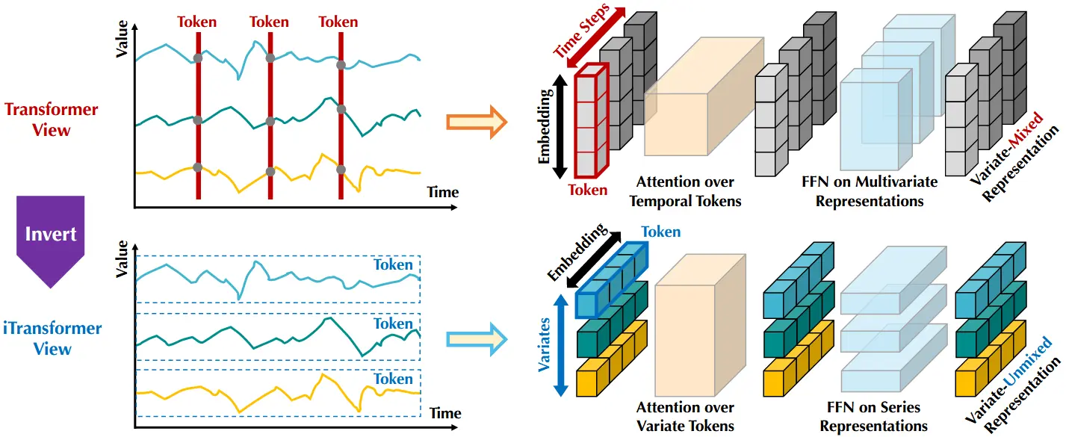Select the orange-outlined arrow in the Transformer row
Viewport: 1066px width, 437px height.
[x=477, y=123]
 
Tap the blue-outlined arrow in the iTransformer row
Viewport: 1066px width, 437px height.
[x=477, y=339]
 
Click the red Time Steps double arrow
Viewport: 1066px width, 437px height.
[x=589, y=37]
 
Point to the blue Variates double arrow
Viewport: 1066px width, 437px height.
[x=561, y=346]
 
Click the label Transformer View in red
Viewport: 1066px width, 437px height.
[x=52, y=120]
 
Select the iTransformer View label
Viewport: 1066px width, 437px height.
[x=52, y=338]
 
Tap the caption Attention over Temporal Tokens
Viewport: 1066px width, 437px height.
[x=685, y=191]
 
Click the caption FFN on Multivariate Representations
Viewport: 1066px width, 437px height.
[x=870, y=191]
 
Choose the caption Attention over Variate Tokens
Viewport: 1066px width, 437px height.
[x=685, y=417]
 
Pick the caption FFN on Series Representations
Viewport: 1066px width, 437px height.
[x=874, y=417]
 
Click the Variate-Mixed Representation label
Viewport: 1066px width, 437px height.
[x=1014, y=157]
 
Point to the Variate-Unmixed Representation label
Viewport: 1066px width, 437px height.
[x=1013, y=385]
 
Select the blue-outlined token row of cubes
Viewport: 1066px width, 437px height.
[x=612, y=280]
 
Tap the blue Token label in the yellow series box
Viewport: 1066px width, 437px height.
[x=393, y=379]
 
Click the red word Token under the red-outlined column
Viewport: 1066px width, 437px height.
[x=588, y=190]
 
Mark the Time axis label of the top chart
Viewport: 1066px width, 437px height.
[x=442, y=192]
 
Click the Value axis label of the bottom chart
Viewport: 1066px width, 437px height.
[x=123, y=258]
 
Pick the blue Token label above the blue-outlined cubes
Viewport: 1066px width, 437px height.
[x=661, y=232]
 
